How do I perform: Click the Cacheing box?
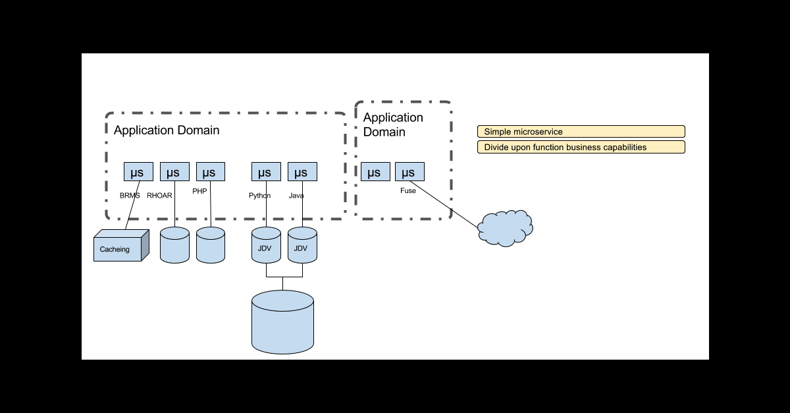[118, 248]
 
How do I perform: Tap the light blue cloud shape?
[505, 228]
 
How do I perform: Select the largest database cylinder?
[282, 322]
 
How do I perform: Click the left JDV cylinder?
[266, 246]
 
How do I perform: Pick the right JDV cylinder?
[302, 246]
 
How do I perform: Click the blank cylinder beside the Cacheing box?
[174, 246]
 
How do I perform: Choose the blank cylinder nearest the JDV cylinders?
[211, 246]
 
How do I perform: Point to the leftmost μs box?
[138, 172]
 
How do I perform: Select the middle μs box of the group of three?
[174, 172]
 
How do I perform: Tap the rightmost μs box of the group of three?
[211, 172]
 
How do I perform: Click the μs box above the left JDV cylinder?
[266, 172]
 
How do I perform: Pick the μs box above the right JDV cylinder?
[302, 172]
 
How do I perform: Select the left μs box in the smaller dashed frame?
[375, 172]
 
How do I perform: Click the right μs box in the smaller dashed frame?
[409, 172]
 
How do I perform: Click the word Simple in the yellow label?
[498, 132]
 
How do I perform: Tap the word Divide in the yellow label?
[497, 148]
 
